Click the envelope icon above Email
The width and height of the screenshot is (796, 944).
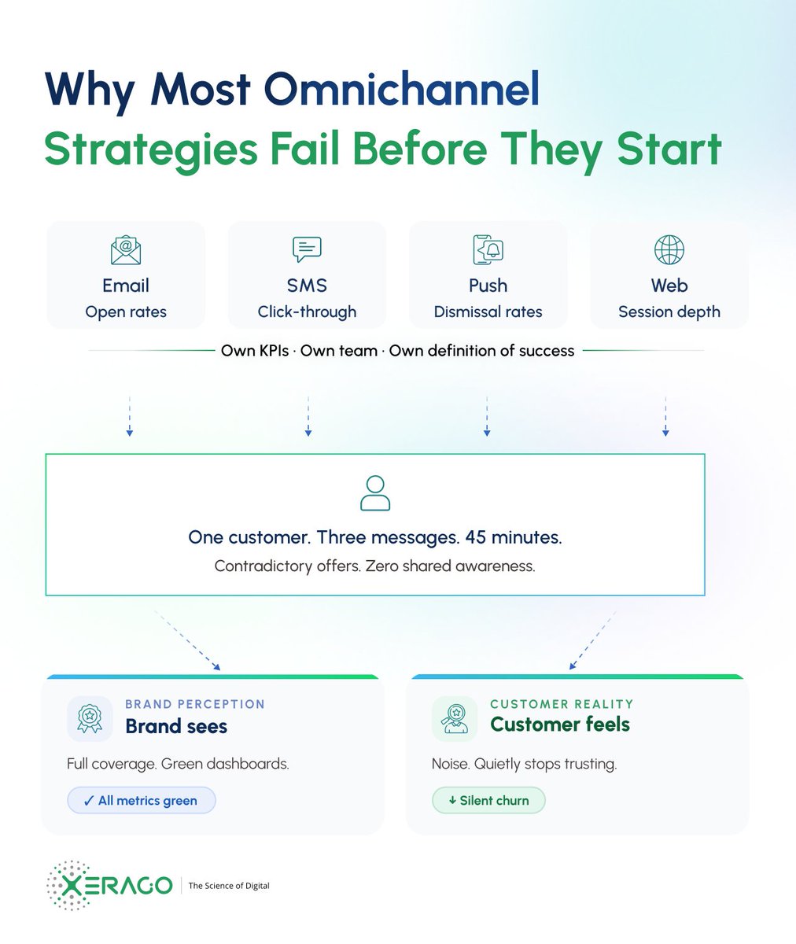coord(126,250)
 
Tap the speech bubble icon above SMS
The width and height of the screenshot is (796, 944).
coord(307,249)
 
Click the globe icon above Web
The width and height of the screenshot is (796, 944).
coord(669,250)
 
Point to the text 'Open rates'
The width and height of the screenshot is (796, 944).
coord(126,312)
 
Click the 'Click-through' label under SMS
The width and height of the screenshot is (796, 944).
coord(307,312)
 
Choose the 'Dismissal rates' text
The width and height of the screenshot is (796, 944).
coord(488,312)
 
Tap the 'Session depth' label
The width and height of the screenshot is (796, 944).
coord(669,312)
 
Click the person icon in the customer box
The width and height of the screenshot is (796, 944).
coord(374,493)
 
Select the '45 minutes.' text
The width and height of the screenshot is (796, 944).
coord(514,538)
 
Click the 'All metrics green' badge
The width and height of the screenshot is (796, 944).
coord(141,801)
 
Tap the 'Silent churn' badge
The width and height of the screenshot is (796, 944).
coord(488,801)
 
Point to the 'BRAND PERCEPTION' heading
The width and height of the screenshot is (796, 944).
coord(195,704)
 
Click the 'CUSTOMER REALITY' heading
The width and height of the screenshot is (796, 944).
coord(562,704)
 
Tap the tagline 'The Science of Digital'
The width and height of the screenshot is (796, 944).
coord(229,886)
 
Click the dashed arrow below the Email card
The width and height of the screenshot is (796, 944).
coord(130,416)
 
